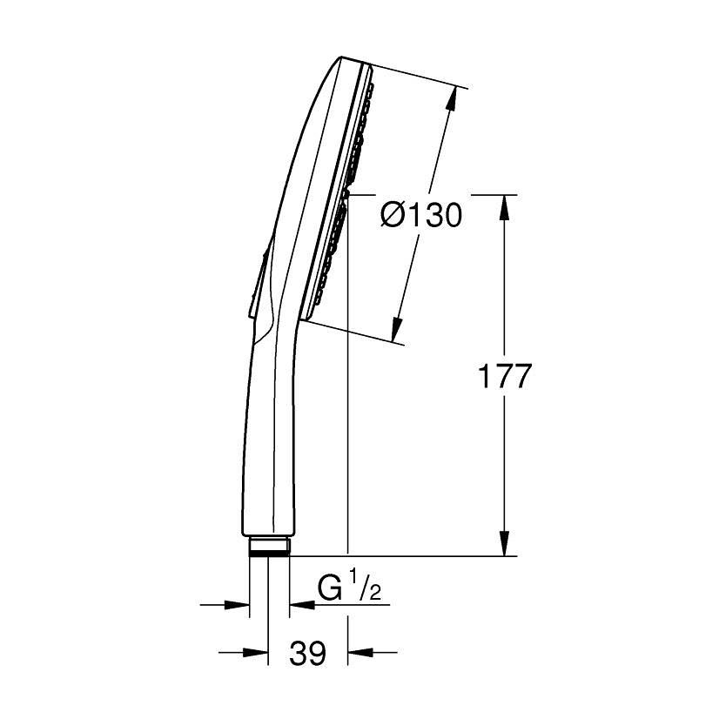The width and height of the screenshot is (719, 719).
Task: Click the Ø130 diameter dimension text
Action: pyautogui.click(x=421, y=213)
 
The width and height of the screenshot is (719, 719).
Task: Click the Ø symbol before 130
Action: pyautogui.click(x=393, y=213)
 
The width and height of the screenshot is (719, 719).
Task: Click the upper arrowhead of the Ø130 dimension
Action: pyautogui.click(x=450, y=99)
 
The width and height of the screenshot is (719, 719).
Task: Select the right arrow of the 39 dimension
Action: pyautogui.click(x=359, y=651)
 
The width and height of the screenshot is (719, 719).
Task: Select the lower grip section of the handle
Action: pyautogui.click(x=270, y=453)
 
